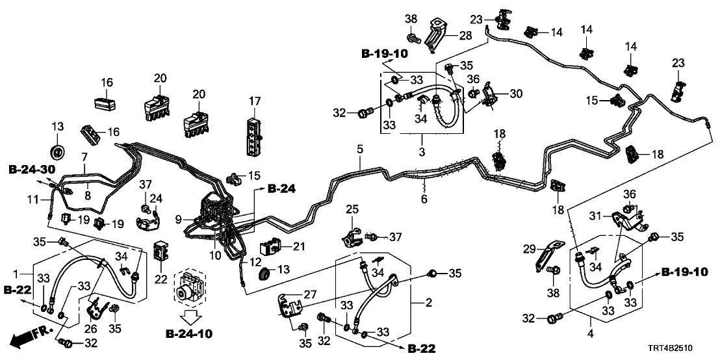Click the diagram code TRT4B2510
[x=683, y=349]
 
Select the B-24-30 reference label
[x=31, y=169]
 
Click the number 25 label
[x=351, y=210]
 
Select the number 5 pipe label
[x=359, y=149]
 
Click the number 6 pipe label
[x=424, y=199]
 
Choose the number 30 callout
[x=516, y=94]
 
